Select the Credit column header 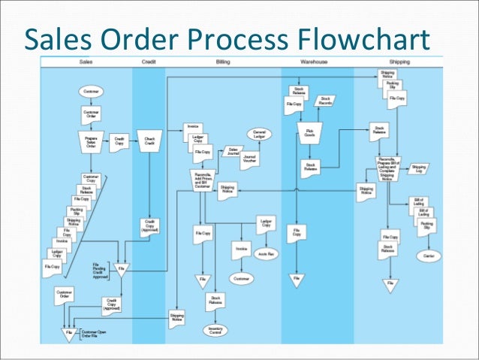pyautogui.click(x=149, y=61)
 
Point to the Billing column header pyautogui.click(x=223, y=61)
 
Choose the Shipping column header pyautogui.click(x=399, y=61)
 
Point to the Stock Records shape pyautogui.click(x=326, y=100)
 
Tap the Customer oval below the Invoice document pyautogui.click(x=240, y=278)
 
